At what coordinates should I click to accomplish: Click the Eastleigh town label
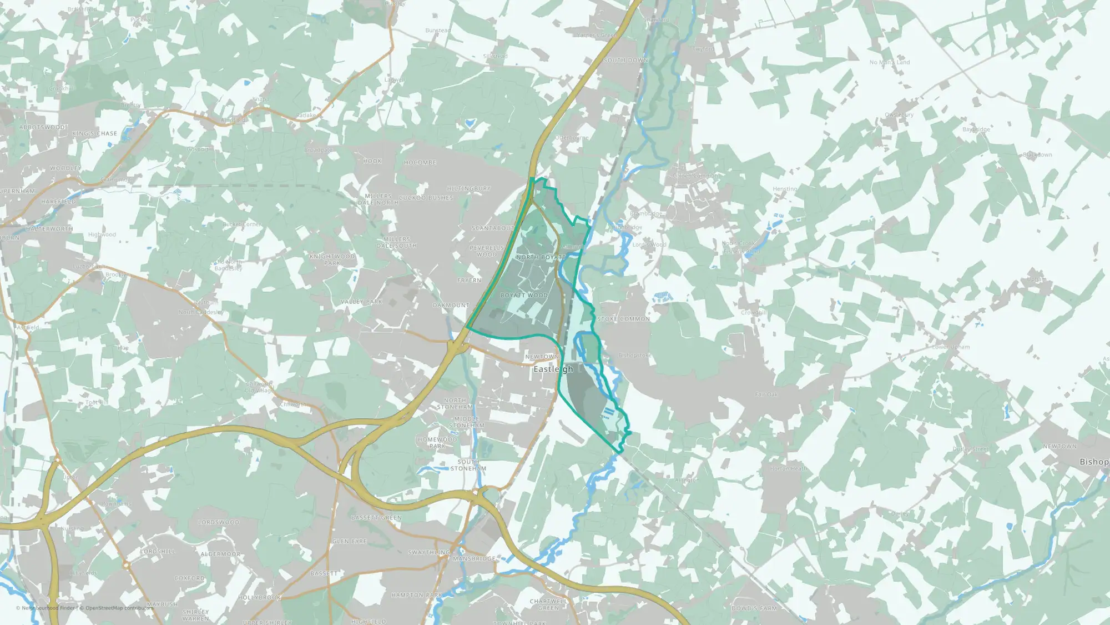pos(553,369)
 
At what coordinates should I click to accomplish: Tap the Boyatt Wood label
pos(524,296)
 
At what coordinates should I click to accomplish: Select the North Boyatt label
pos(541,257)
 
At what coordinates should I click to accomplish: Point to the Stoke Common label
pos(623,319)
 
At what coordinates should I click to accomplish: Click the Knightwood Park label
pos(332,259)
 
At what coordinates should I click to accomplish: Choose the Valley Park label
pos(361,302)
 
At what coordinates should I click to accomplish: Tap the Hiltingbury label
pos(468,189)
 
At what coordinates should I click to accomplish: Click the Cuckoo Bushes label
pos(426,198)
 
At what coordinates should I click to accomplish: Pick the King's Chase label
pos(94,134)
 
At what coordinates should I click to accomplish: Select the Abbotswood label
pos(42,127)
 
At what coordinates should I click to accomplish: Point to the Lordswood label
pos(219,522)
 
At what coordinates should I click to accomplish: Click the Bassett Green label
pos(376,518)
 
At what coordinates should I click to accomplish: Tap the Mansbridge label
pos(474,558)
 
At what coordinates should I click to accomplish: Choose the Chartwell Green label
pos(548,604)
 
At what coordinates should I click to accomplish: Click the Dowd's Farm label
pos(754,608)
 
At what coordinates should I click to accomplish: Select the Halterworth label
pos(49,229)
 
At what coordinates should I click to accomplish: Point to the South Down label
pos(625,60)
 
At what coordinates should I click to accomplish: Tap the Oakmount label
pos(451,306)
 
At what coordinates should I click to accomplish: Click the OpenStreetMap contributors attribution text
pos(116,608)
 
